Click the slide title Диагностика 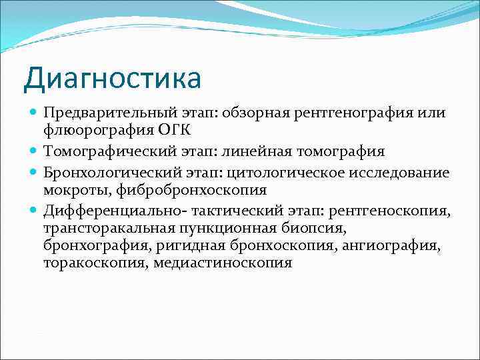[x=112, y=78]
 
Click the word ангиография [x=391, y=246]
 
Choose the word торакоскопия [x=94, y=263]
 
